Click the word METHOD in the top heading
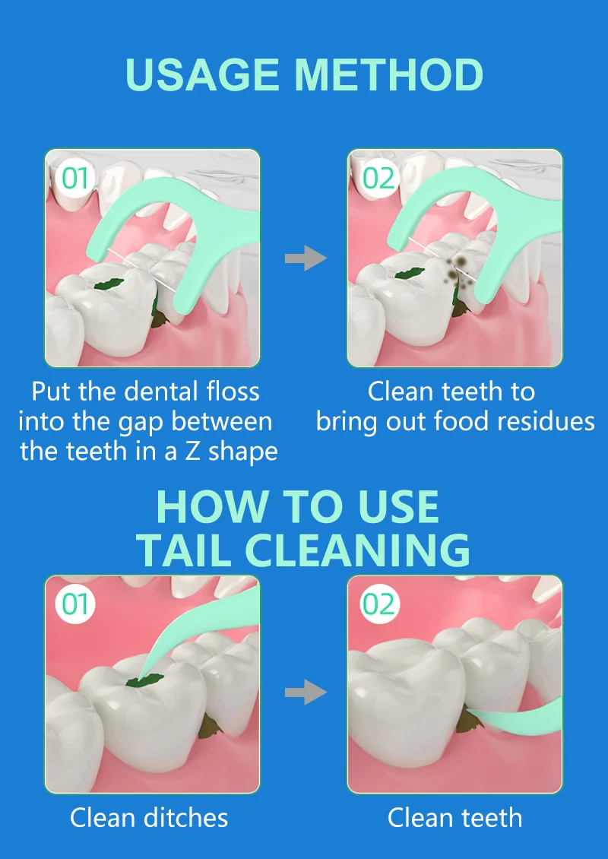(x=389, y=75)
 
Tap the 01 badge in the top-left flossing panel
(x=75, y=179)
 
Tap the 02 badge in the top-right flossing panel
(x=378, y=179)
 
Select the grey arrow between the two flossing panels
(x=305, y=258)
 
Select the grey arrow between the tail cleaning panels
(x=305, y=693)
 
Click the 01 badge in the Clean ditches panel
(x=75, y=605)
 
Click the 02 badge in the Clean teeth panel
(x=378, y=605)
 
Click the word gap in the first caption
(x=142, y=421)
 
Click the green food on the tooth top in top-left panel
(x=107, y=284)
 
